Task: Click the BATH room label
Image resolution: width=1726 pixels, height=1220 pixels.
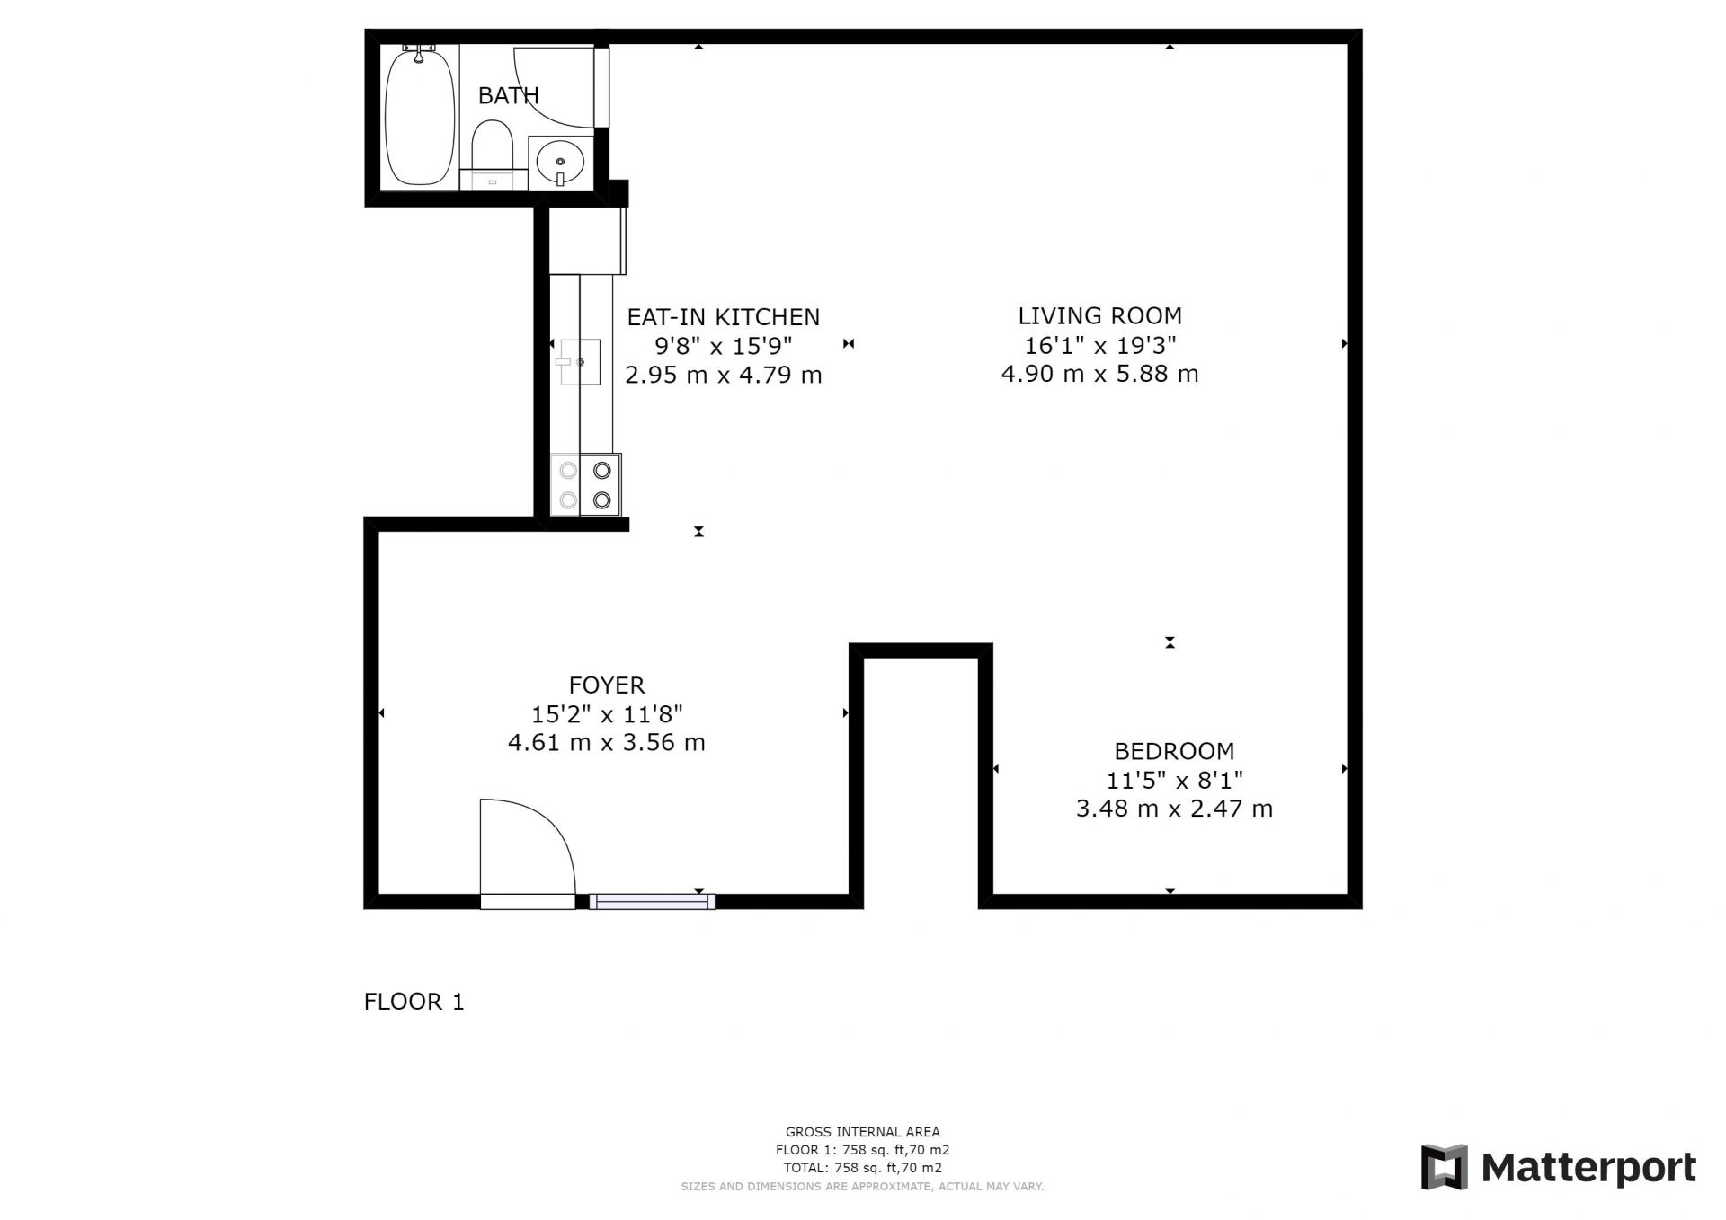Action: click(x=508, y=95)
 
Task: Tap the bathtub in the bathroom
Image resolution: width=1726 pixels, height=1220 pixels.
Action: click(x=420, y=117)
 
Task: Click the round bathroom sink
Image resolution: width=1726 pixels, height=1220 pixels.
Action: click(x=560, y=163)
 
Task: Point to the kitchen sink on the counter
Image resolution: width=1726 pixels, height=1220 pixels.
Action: click(x=580, y=362)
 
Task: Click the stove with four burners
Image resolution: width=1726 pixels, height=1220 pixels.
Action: click(x=585, y=485)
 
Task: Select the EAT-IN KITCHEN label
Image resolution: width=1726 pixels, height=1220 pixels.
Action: click(x=724, y=317)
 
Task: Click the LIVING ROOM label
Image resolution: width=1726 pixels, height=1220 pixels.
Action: click(x=1099, y=316)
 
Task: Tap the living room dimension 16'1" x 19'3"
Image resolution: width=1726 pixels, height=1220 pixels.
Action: click(x=1100, y=345)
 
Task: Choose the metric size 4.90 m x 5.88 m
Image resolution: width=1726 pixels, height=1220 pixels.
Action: click(x=1100, y=374)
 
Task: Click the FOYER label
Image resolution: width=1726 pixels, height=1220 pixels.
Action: click(x=607, y=685)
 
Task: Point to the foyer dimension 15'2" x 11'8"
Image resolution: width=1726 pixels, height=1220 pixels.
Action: click(x=607, y=714)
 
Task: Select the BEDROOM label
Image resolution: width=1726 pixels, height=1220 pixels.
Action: click(x=1174, y=751)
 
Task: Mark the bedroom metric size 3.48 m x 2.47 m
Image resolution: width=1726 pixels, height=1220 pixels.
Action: click(x=1174, y=809)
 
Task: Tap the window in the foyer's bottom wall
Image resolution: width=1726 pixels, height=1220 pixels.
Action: click(x=652, y=901)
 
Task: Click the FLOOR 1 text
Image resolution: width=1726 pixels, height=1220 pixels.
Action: click(x=414, y=1002)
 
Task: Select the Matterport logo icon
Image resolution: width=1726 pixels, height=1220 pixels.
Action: click(x=1444, y=1167)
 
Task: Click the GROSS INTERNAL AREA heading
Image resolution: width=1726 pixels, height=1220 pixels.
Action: click(x=863, y=1132)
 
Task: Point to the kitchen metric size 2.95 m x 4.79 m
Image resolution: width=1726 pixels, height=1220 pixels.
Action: click(x=724, y=375)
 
